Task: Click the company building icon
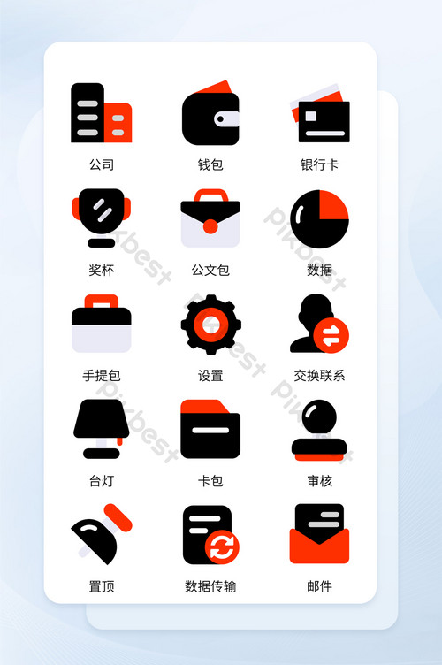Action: pyautogui.click(x=101, y=113)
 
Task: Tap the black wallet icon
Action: pyautogui.click(x=210, y=116)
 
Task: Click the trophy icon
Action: pyautogui.click(x=101, y=217)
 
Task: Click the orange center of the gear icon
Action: pyautogui.click(x=210, y=325)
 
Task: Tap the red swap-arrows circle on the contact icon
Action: pyautogui.click(x=331, y=335)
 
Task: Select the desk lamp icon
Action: pyautogui.click(x=101, y=429)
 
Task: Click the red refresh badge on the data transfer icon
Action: pyautogui.click(x=222, y=546)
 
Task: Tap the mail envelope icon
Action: pyautogui.click(x=319, y=534)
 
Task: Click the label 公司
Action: pyautogui.click(x=101, y=165)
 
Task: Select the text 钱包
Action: pyautogui.click(x=210, y=165)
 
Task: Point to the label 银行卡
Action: pyautogui.click(x=319, y=165)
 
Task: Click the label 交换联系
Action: pyautogui.click(x=319, y=376)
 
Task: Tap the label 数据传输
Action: pyautogui.click(x=210, y=586)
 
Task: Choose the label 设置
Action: pyautogui.click(x=210, y=376)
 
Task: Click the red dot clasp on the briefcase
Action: pyautogui.click(x=210, y=226)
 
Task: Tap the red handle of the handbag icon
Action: pyautogui.click(x=101, y=302)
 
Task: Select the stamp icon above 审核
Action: pyautogui.click(x=319, y=430)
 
